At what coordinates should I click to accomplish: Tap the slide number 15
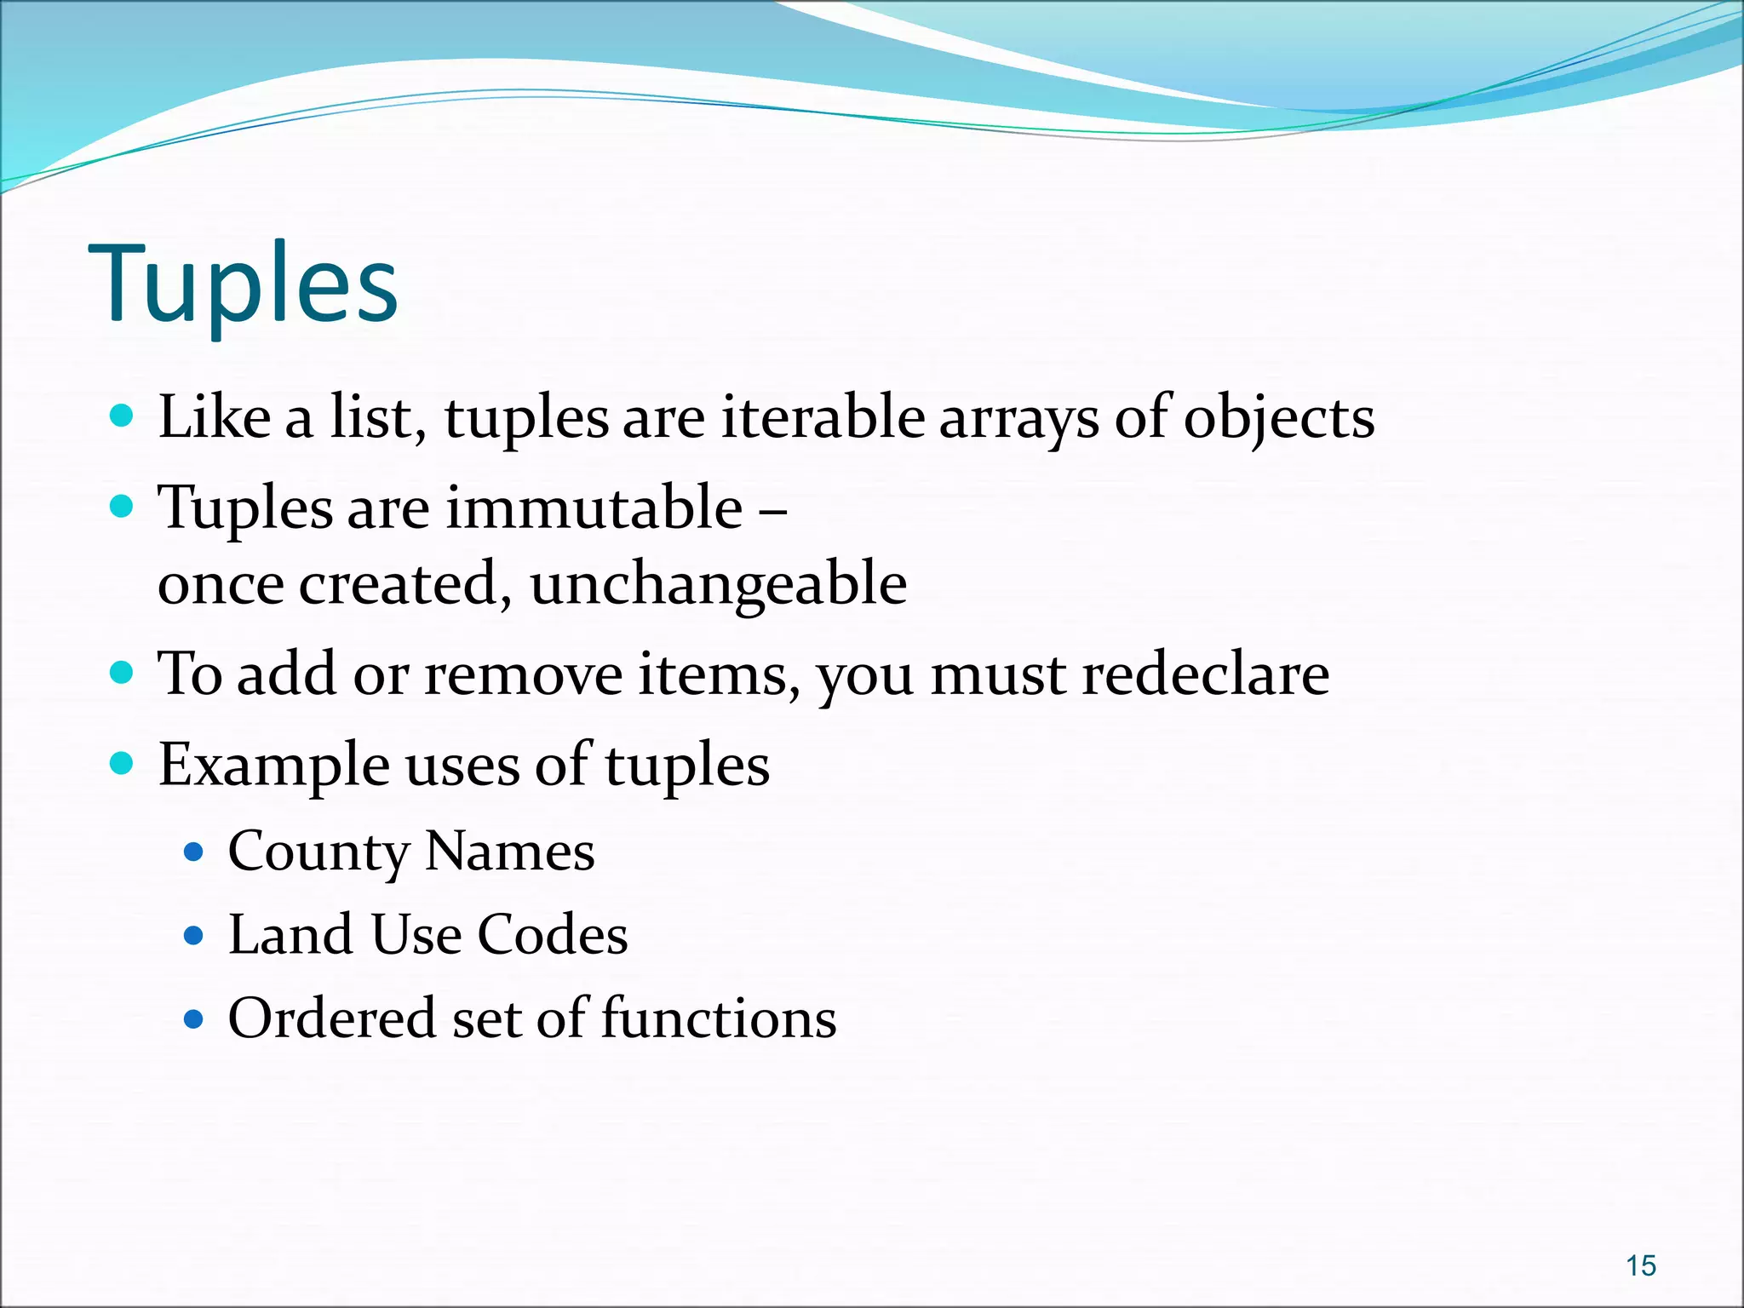[x=1640, y=1265]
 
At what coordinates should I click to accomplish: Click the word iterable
[x=823, y=418]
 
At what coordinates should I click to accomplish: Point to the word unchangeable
[x=718, y=585]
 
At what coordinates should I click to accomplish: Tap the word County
[x=318, y=852]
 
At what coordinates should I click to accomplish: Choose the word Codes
[x=552, y=935]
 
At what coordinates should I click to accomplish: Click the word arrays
[x=1018, y=420]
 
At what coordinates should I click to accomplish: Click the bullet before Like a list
[x=123, y=416]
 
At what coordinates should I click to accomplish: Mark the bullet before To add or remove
[x=123, y=673]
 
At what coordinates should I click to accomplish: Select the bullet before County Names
[x=194, y=852]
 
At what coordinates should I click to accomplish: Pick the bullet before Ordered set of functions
[x=194, y=1018]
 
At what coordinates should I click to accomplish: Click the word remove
[x=524, y=674]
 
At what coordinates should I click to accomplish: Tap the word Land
[x=290, y=935]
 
